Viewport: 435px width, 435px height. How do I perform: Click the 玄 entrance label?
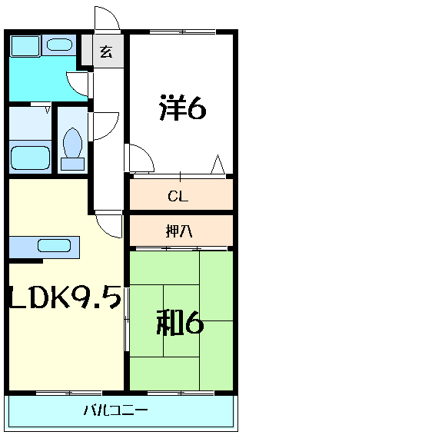coord(106,53)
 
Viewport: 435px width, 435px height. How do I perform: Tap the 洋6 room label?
coord(183,108)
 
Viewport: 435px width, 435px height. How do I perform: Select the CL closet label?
coord(178,197)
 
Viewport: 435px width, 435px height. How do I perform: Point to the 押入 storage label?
coord(179,231)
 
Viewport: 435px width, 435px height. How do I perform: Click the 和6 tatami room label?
coord(180,323)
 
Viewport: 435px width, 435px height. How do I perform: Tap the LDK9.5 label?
coord(65,297)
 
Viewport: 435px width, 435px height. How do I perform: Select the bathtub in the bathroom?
coord(30,156)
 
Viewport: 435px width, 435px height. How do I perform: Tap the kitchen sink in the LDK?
coord(54,247)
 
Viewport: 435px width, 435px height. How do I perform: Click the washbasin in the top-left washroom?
coord(59,45)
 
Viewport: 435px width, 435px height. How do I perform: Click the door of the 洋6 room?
coord(141,158)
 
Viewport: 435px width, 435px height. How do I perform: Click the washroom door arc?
coord(78,83)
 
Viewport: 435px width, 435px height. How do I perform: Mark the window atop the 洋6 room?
coord(182,32)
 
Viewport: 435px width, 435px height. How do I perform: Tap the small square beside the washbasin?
coord(25,45)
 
